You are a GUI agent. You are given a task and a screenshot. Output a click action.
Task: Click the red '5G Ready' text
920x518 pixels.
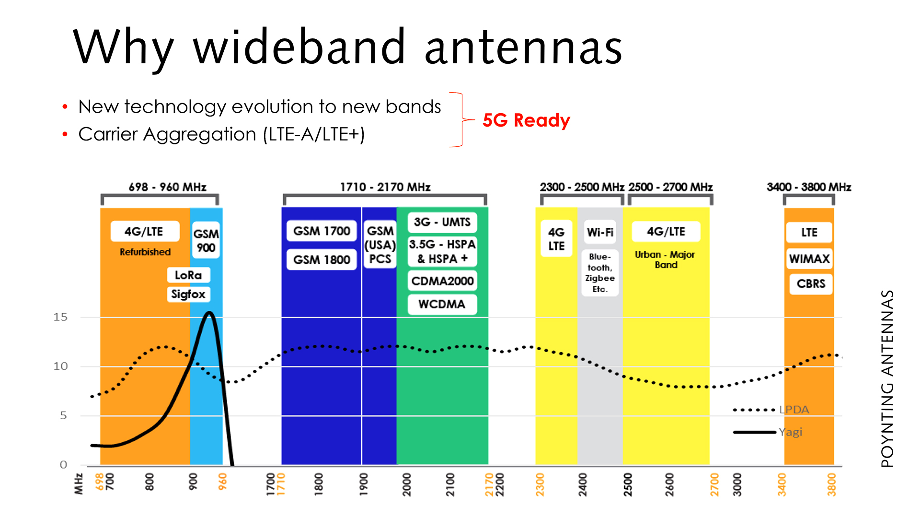pos(526,120)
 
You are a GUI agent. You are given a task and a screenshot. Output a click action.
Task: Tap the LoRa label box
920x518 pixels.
pos(188,275)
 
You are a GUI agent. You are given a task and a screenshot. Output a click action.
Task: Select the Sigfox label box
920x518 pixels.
pos(188,294)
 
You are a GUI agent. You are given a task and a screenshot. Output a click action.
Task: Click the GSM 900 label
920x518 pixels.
pos(206,240)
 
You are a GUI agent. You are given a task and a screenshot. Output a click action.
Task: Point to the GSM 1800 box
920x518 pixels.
pos(322,259)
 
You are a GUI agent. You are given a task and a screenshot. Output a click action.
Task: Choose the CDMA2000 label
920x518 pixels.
pos(442,281)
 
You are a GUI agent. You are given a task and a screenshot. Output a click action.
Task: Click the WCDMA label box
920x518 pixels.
pos(442,304)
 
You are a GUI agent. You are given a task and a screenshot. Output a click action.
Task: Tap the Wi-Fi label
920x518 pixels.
pos(600,232)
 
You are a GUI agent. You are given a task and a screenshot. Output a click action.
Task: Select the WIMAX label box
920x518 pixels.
pos(809,259)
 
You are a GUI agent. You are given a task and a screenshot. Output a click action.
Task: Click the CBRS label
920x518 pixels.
pos(811,283)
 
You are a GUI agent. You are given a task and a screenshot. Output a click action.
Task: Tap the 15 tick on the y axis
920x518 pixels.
pos(60,317)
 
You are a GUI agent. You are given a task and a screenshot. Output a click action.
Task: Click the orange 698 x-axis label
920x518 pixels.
pos(100,481)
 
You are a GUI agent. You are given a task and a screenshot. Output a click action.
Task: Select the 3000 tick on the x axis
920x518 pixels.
pos(737,484)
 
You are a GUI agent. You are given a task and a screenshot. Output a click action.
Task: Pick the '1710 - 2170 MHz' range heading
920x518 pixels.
pos(385,187)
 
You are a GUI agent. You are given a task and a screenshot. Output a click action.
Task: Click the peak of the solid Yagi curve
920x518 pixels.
pos(209,313)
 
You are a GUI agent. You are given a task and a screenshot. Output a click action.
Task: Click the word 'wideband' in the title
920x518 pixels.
pos(299,47)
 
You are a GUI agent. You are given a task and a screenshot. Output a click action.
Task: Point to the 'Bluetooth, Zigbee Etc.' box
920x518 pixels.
pos(600,272)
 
